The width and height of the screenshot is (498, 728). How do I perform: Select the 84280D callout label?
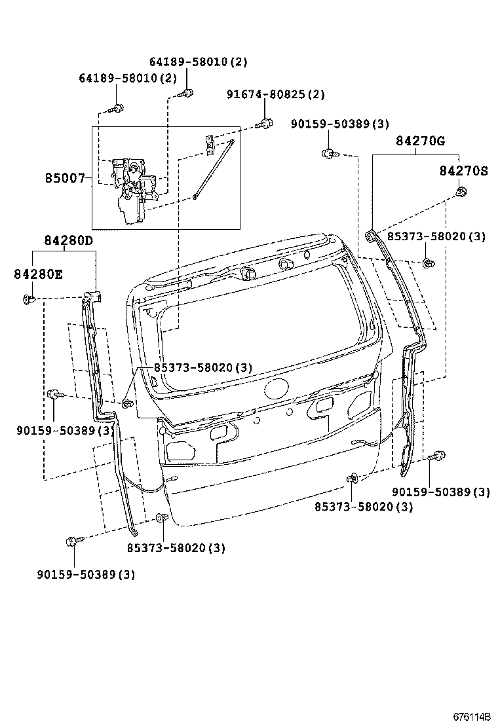(69, 240)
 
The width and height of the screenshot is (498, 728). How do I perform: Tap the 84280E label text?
(38, 274)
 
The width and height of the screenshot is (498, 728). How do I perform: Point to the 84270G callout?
(421, 141)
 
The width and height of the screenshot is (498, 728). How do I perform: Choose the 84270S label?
(463, 171)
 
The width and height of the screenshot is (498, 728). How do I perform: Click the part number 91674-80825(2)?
(276, 94)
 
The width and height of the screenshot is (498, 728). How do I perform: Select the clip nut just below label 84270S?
(461, 192)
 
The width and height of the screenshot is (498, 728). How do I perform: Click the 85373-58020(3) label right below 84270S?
(436, 236)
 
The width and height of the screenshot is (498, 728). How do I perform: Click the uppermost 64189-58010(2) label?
(198, 62)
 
